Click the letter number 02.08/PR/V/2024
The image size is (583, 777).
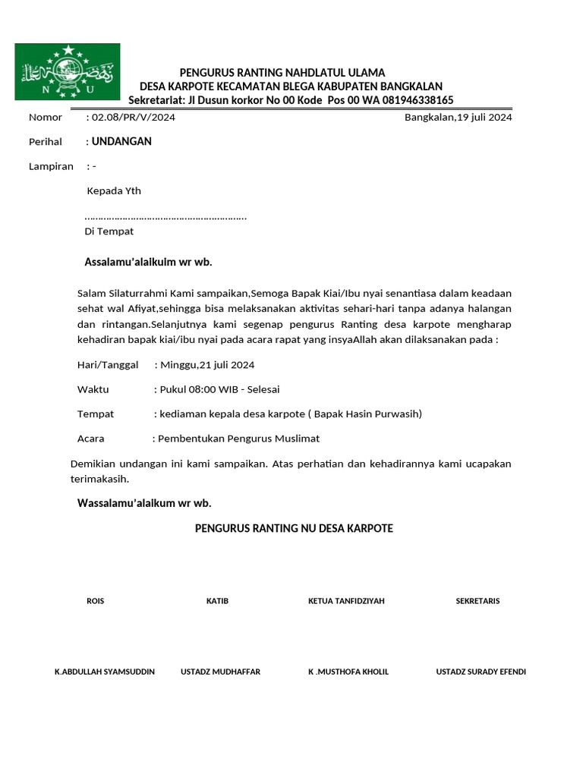point(134,118)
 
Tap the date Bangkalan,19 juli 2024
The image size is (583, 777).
point(458,118)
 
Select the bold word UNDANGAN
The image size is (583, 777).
point(121,141)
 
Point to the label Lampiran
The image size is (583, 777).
point(51,166)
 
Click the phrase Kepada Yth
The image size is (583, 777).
point(114,191)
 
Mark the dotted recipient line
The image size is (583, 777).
point(165,218)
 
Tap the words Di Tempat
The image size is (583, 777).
point(109,231)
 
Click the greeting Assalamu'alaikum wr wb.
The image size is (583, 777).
point(148,263)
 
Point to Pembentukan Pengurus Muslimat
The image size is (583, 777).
point(238,439)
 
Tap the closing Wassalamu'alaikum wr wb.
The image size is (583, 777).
point(144,503)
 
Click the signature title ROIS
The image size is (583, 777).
point(96,601)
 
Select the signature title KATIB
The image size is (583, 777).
point(217,601)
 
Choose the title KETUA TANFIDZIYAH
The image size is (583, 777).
point(346,601)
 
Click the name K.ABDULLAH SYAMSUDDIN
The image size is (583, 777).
point(105,672)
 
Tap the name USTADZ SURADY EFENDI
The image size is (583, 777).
point(481,672)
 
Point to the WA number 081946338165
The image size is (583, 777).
point(416,100)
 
